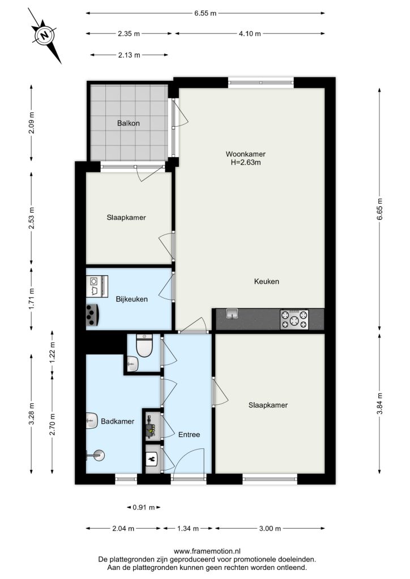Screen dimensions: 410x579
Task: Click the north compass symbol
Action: [45, 36]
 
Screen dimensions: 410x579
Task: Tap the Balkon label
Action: [129, 123]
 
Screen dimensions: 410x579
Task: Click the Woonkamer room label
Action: [245, 154]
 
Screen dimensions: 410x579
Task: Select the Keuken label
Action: [267, 282]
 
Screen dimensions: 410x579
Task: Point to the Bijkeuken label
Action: [131, 299]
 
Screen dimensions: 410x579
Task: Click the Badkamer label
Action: [118, 421]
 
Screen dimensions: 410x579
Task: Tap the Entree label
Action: [189, 435]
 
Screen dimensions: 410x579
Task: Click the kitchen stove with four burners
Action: [294, 319]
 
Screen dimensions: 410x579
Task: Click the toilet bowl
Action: [144, 345]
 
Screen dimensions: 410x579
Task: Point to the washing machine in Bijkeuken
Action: [97, 286]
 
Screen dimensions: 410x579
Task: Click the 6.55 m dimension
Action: [205, 14]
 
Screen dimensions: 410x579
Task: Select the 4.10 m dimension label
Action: [250, 33]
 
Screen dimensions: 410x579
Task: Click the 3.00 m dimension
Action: [270, 529]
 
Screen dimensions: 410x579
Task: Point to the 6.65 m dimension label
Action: [379, 209]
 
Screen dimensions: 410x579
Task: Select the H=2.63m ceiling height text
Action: [246, 162]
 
